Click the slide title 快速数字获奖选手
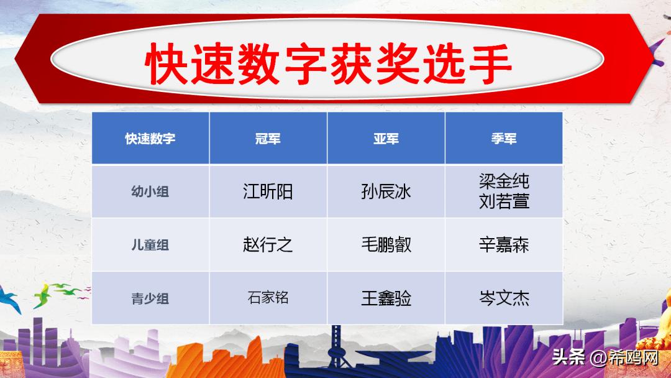(329, 63)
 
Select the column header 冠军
(268, 138)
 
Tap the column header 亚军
(386, 138)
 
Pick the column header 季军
(503, 138)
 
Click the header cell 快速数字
(150, 138)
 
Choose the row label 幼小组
(150, 191)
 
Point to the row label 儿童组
(150, 245)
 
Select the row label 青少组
(150, 298)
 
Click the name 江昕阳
(268, 191)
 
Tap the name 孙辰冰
(386, 191)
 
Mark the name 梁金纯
(504, 182)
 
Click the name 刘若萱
(504, 201)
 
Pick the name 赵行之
(268, 244)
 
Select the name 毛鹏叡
(386, 244)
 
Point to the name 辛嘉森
(504, 244)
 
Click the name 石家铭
(268, 298)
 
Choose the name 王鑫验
(386, 298)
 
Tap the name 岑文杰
(504, 298)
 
